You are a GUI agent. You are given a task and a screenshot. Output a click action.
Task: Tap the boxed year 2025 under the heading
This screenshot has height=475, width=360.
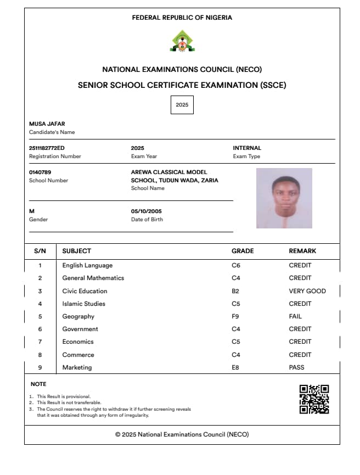[x=182, y=104]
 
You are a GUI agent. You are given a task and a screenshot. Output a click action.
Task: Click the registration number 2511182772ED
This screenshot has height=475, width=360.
[x=47, y=148]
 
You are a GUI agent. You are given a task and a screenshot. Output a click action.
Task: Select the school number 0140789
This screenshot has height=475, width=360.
[x=40, y=172]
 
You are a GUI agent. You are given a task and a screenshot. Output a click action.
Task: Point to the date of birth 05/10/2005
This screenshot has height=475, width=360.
[x=147, y=211]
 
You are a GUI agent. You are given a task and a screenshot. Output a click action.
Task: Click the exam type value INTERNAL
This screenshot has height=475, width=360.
[x=247, y=148]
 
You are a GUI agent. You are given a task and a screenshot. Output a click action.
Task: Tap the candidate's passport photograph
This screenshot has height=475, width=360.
[x=284, y=198]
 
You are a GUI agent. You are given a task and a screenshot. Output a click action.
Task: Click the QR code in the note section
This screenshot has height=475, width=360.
[x=314, y=399]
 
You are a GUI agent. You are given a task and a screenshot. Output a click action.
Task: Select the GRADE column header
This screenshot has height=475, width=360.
[x=243, y=251]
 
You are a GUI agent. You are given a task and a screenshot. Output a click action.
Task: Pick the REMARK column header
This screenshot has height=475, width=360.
[x=302, y=251]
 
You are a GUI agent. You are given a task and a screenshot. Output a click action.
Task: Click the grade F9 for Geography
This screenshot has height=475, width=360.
[x=236, y=316]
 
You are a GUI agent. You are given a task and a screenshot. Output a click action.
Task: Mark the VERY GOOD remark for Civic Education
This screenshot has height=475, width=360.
[x=307, y=291]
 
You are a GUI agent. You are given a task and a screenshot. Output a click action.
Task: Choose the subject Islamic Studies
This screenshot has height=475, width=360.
[x=84, y=304]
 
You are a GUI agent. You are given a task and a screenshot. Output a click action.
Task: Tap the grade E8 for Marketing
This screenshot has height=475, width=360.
[x=236, y=367]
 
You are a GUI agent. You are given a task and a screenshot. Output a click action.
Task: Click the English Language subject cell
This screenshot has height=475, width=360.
[x=87, y=266]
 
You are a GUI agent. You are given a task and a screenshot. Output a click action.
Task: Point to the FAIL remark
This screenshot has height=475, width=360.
[x=295, y=316]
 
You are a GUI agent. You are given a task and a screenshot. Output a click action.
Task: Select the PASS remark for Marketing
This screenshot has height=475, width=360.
[x=296, y=367]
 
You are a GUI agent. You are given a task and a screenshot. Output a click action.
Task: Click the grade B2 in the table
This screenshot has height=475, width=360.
[x=236, y=291]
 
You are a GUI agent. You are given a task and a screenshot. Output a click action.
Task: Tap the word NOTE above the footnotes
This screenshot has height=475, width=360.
[x=38, y=384]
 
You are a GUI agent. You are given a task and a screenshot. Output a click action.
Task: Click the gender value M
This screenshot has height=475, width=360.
[x=31, y=211]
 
